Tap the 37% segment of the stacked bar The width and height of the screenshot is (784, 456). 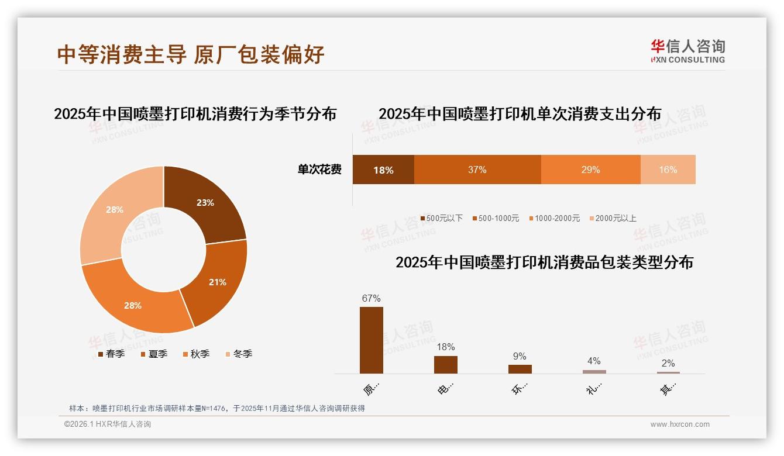click(x=477, y=170)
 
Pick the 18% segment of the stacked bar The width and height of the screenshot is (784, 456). click(x=383, y=170)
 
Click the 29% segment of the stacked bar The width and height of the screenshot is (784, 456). click(x=590, y=170)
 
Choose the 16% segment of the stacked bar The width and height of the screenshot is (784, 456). click(x=668, y=170)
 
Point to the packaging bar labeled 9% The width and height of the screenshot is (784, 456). click(x=520, y=369)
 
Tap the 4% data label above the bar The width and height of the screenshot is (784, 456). click(x=594, y=361)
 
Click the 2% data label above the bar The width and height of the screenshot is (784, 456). click(x=668, y=363)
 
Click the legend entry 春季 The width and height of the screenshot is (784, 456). click(x=111, y=354)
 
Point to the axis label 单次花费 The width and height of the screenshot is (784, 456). click(x=319, y=170)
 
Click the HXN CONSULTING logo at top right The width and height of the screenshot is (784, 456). click(x=687, y=51)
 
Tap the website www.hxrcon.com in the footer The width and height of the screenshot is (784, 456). click(x=680, y=424)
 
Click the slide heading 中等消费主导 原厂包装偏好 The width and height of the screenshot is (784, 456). click(x=191, y=54)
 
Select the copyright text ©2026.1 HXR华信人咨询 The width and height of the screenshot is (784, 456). click(x=108, y=424)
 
